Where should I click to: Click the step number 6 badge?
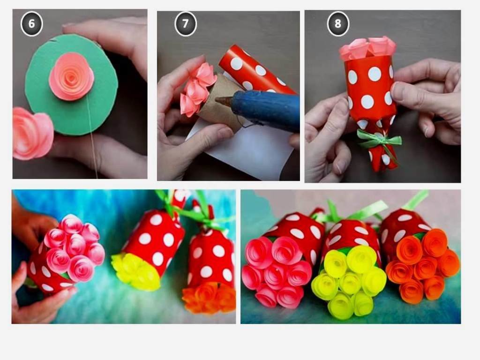coord(31,23)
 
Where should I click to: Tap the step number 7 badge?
coord(185,23)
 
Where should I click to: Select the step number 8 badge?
coord(337,23)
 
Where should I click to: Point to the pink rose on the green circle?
coord(72,76)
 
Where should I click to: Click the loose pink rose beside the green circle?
coord(32,134)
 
